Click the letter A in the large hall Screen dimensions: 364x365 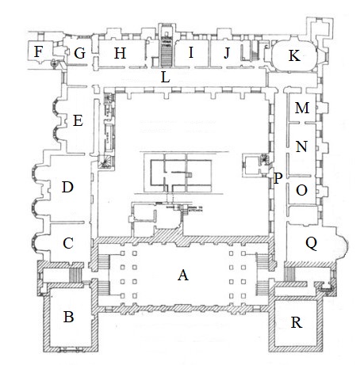point(183,276)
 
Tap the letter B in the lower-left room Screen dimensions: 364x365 point(68,317)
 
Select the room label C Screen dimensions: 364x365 point(68,243)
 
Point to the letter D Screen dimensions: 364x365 point(67,187)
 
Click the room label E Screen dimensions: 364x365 point(78,121)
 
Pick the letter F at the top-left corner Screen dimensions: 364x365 point(38,51)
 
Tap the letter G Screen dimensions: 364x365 point(79,53)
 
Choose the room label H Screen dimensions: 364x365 point(120,53)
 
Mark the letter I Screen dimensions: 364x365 point(191,52)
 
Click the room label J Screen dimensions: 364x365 point(227,53)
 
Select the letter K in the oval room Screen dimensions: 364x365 point(294,55)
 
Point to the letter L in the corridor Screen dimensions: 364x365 point(165,78)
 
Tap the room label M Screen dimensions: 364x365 point(302,108)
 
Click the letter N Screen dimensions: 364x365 point(301,146)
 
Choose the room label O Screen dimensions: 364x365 point(301,190)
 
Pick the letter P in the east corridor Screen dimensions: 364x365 point(278,178)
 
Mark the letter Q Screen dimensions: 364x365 point(311,243)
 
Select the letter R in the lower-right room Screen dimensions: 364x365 point(296,322)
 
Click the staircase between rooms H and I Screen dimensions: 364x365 point(167,54)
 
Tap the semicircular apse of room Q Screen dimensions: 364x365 point(343,243)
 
